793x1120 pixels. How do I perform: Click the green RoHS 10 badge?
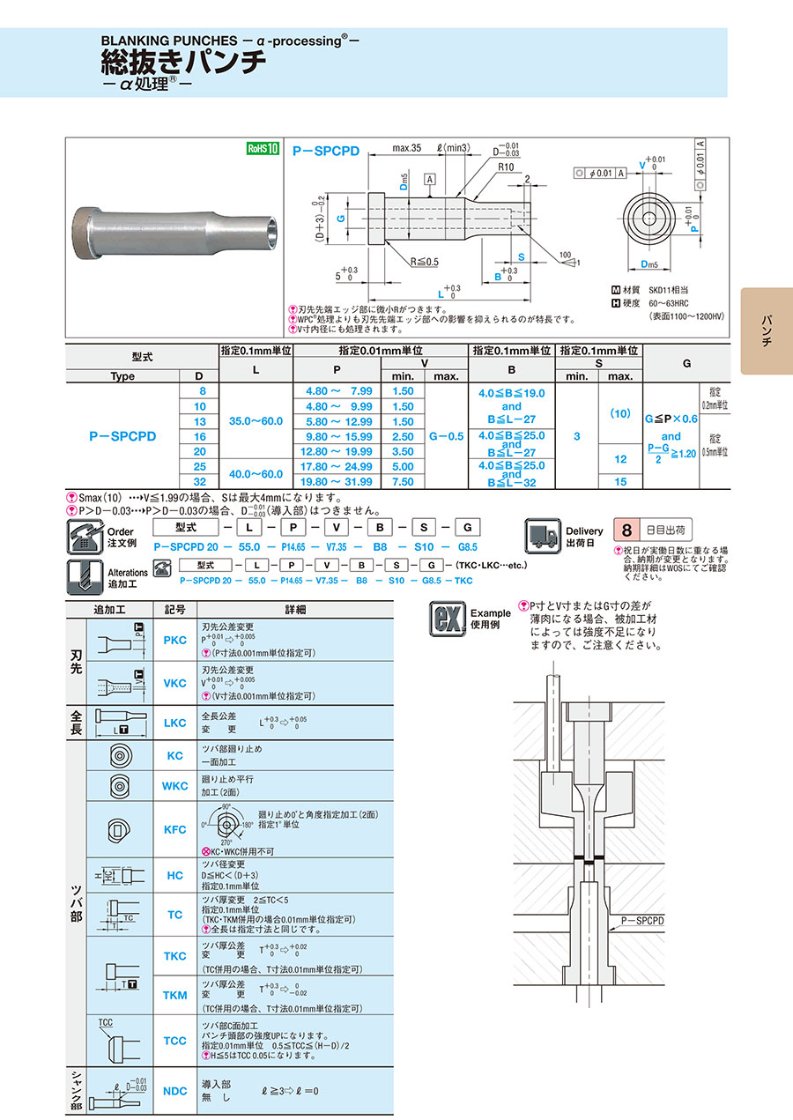(x=262, y=149)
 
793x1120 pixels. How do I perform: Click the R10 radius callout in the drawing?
(x=505, y=167)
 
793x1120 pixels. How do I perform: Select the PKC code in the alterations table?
(x=175, y=640)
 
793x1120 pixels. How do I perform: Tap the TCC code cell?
(x=175, y=1041)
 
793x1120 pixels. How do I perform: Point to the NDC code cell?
(x=175, y=1091)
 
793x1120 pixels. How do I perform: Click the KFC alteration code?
(x=175, y=829)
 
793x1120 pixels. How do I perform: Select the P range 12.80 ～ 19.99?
(x=338, y=451)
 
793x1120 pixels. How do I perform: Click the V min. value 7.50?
(x=402, y=482)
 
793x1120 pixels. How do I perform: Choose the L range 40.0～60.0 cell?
(x=256, y=474)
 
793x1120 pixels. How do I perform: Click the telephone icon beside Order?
(x=85, y=535)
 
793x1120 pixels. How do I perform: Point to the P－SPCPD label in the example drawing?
(x=642, y=920)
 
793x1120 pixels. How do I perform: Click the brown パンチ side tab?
(x=766, y=331)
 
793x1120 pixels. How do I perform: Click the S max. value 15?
(x=620, y=482)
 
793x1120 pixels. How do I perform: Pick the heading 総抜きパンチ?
(x=183, y=62)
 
